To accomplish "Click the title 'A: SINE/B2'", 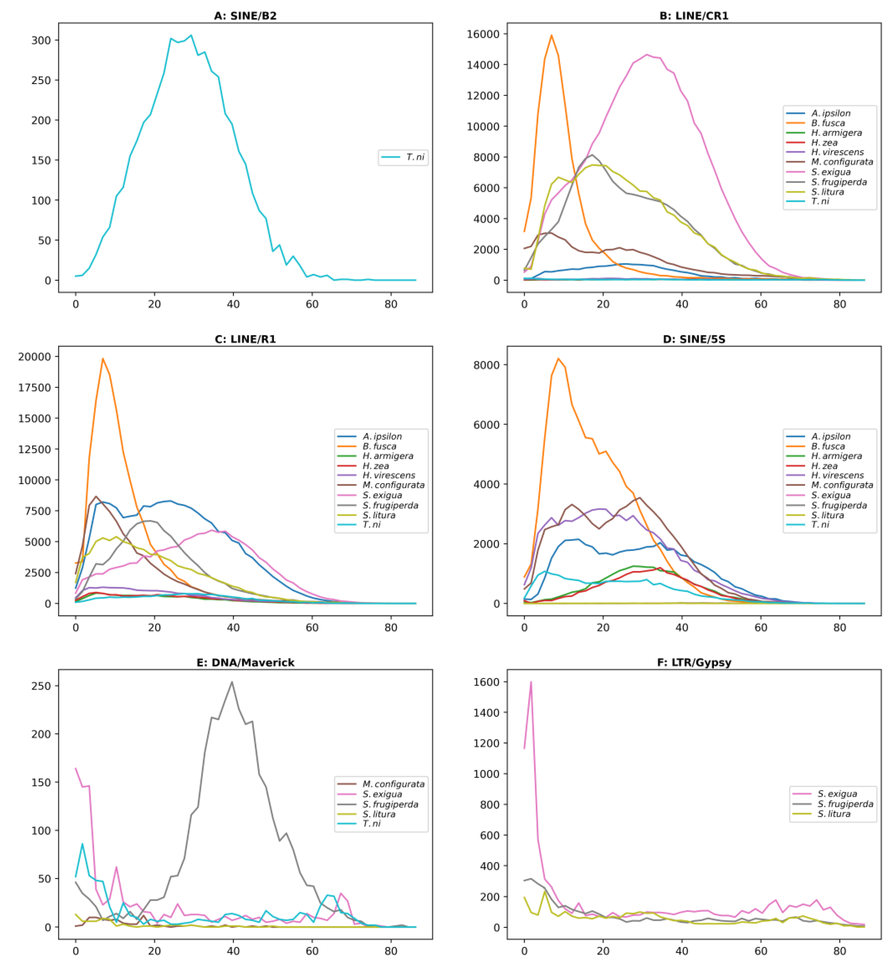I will pyautogui.click(x=245, y=16).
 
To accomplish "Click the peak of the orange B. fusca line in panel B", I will pyautogui.click(x=551, y=35).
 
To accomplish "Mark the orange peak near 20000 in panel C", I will pyautogui.click(x=102, y=359).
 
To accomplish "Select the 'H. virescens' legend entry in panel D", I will pyautogui.click(x=837, y=475).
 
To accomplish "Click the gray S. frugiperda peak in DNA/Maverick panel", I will pyautogui.click(x=232, y=682).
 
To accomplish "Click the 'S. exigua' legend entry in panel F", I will pyautogui.click(x=837, y=794).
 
